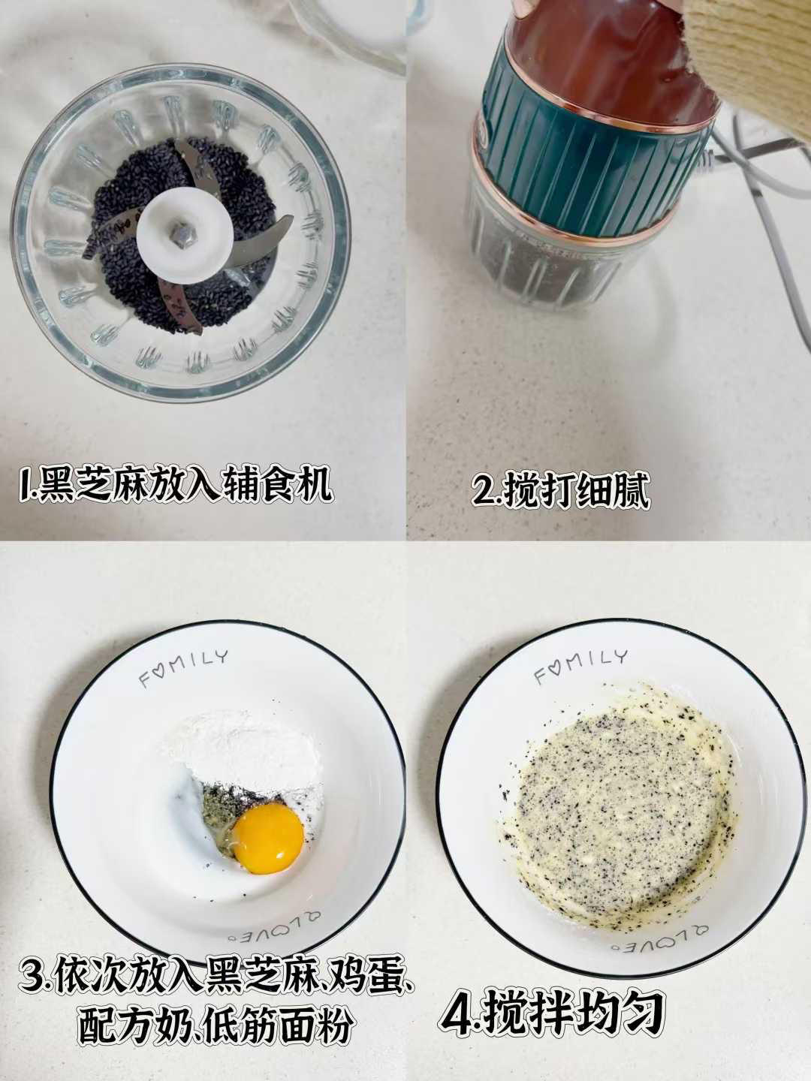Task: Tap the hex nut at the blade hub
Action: tap(183, 234)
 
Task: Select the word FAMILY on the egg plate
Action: tap(183, 667)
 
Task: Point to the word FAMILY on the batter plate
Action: tap(581, 666)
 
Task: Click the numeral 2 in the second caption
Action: tap(483, 490)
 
